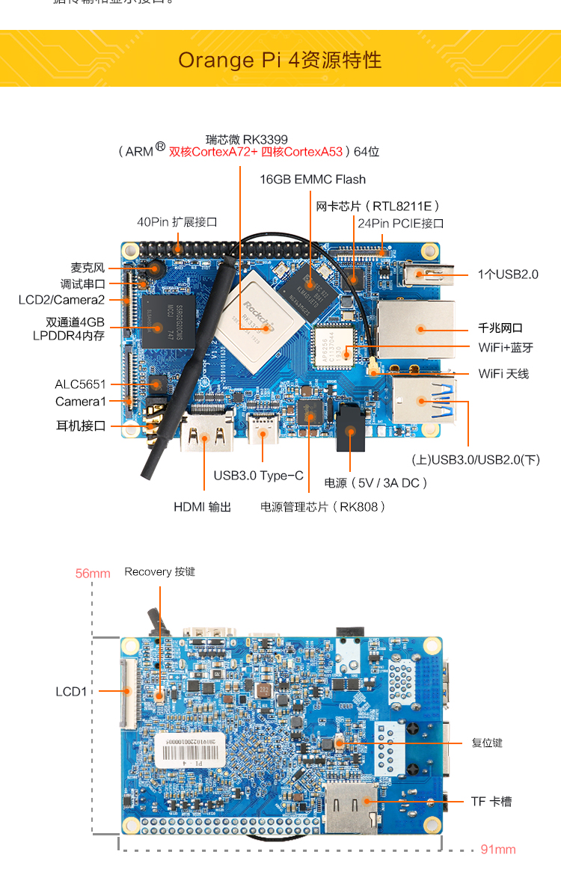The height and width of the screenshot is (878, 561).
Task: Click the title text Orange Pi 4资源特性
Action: [280, 60]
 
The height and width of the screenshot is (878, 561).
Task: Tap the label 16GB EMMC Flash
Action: [313, 179]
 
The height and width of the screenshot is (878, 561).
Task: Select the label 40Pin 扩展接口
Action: [177, 222]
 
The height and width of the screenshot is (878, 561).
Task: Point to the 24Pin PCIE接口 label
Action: [400, 224]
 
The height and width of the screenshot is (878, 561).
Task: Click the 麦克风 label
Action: [88, 268]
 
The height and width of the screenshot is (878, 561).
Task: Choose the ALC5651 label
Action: [80, 384]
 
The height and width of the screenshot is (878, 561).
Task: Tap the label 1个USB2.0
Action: [508, 274]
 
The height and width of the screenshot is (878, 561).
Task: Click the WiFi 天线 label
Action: [503, 373]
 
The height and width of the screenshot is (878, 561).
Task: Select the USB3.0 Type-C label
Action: [258, 476]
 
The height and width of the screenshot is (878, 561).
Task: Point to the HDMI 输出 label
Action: [202, 507]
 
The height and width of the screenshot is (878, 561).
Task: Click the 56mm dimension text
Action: [93, 574]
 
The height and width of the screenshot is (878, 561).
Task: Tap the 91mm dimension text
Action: [498, 850]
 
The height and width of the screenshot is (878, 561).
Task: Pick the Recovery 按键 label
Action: [159, 572]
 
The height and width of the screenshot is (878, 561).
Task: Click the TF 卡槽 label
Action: [491, 802]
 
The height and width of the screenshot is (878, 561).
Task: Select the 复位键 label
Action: [487, 743]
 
